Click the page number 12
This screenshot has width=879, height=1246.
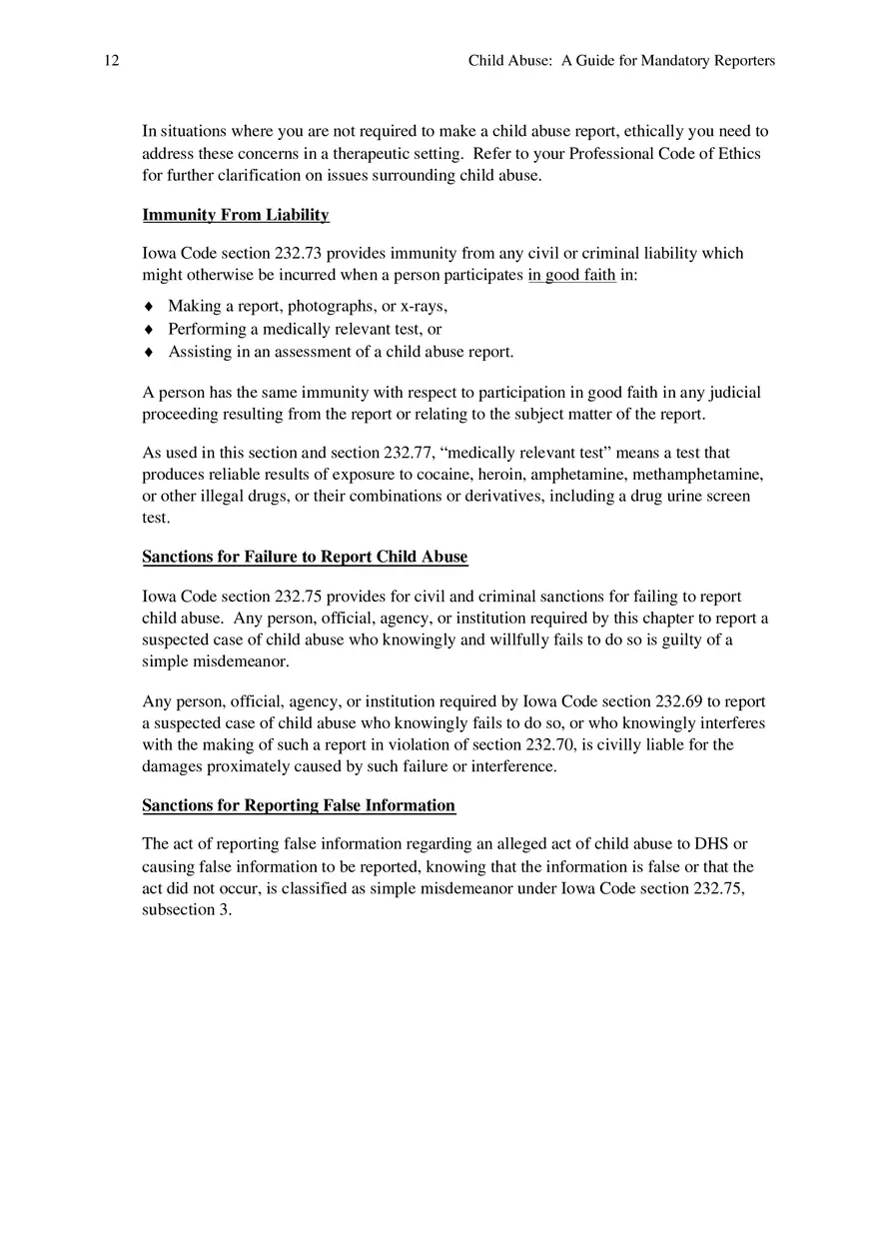coord(111,61)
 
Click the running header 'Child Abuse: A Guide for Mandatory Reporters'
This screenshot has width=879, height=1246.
coord(621,61)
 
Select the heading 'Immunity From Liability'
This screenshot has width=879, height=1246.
coord(236,215)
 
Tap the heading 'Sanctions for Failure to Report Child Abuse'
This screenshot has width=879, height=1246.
coord(305,557)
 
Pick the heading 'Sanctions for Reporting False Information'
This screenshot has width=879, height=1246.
coord(299,805)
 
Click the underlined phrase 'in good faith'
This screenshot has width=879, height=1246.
coord(571,275)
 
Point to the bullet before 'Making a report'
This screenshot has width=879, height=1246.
coord(149,307)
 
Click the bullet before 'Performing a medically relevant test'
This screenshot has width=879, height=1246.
coord(149,329)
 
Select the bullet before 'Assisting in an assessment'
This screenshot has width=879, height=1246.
coord(149,352)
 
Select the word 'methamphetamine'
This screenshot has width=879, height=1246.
coord(703,475)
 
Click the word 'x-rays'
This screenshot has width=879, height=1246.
coord(424,307)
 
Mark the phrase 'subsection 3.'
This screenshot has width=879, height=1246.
coord(187,910)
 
